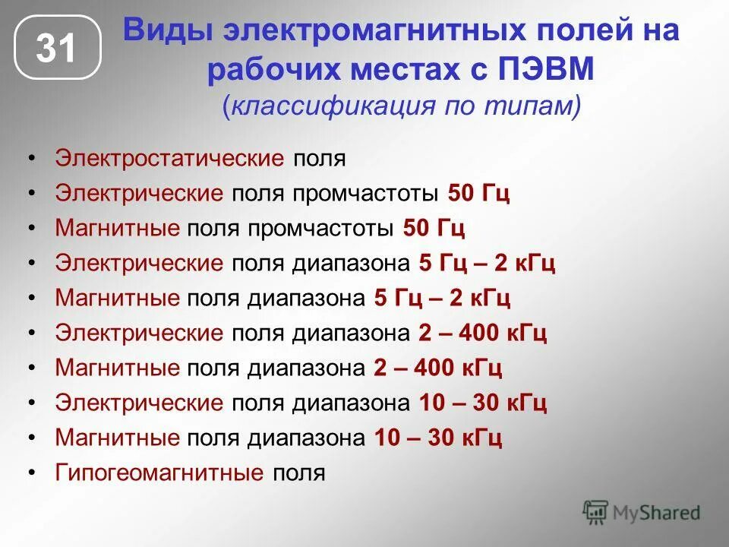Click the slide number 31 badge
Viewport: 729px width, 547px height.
[57, 49]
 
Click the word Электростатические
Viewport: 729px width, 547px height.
[169, 159]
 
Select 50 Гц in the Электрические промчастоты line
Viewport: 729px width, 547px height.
[478, 193]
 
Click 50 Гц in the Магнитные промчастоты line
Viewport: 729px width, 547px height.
[434, 228]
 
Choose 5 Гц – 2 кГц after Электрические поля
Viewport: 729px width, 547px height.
[487, 264]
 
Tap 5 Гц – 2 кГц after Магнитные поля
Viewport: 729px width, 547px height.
[442, 298]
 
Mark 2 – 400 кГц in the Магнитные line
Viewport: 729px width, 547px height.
[438, 368]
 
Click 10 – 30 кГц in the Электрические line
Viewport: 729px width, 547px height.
[483, 403]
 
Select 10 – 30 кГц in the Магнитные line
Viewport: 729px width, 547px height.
[438, 438]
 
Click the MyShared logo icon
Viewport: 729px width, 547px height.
[596, 512]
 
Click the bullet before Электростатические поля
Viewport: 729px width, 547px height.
[31, 159]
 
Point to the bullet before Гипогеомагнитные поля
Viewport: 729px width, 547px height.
[31, 473]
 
